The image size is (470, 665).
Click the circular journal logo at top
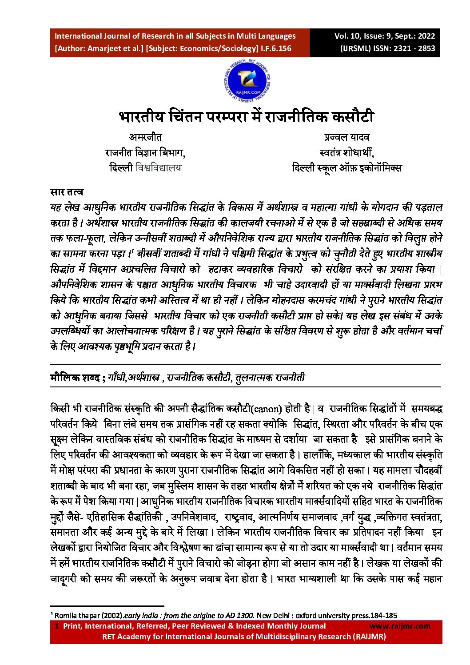coord(247,81)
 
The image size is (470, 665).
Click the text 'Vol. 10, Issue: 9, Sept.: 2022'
coord(384,36)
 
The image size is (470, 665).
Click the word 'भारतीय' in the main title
coord(141,117)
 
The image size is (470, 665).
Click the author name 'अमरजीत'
coord(145,137)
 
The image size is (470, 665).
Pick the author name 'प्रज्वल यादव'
coord(347,137)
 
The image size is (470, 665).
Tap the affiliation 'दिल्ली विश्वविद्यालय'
coord(145,168)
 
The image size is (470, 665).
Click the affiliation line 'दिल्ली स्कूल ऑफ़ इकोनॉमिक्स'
coord(347,168)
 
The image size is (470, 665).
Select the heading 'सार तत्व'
coord(67,192)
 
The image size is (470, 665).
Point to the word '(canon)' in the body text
coord(266,409)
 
